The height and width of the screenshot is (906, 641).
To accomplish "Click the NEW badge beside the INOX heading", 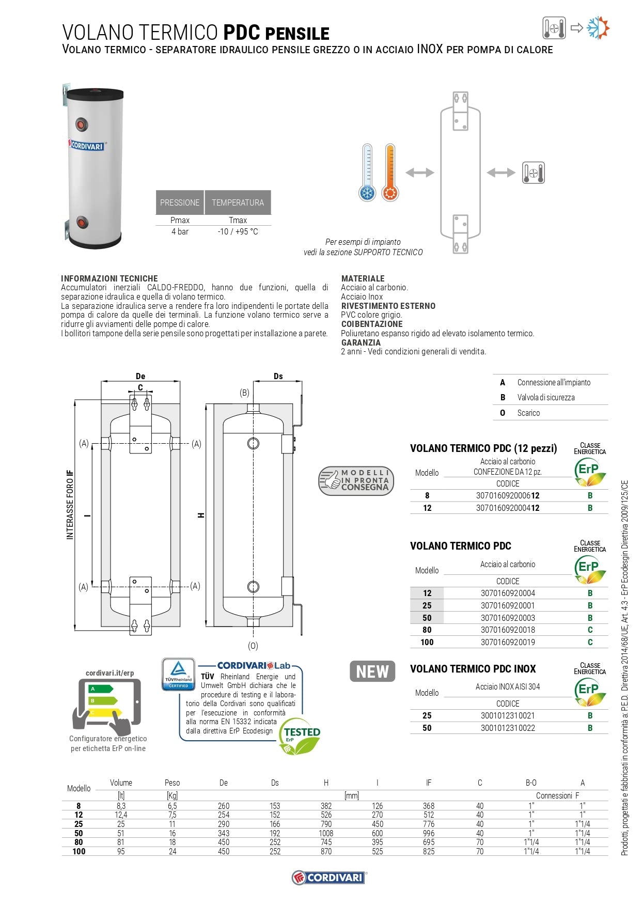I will [372, 671].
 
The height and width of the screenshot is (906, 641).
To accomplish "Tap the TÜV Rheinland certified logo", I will [178, 674].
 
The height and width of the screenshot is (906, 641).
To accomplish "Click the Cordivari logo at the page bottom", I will [329, 877].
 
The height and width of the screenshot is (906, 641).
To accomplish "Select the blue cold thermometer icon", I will [367, 173].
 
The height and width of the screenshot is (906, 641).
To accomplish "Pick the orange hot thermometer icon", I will [390, 173].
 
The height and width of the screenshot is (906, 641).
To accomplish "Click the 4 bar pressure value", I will [180, 231].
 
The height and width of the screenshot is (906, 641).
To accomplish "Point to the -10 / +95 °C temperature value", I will [238, 231].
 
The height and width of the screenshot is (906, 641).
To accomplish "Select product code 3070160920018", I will [508, 630].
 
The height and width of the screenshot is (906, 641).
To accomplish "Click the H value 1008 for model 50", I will [326, 833].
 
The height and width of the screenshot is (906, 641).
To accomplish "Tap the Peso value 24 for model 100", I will [173, 851].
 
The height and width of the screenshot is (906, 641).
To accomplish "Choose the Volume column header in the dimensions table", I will [121, 783].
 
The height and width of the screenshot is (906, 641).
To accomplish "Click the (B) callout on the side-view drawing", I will [244, 393].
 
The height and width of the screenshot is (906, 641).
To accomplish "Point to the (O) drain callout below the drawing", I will [253, 646].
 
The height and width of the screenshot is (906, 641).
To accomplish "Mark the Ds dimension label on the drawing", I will [278, 376].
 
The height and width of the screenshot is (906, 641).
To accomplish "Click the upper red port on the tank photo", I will [82, 124].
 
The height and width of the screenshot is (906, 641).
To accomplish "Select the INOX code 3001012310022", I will [508, 728].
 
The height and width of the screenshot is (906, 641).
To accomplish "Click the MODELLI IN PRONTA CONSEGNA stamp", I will [356, 480].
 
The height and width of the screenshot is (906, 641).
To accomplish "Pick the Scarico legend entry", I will [528, 413].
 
